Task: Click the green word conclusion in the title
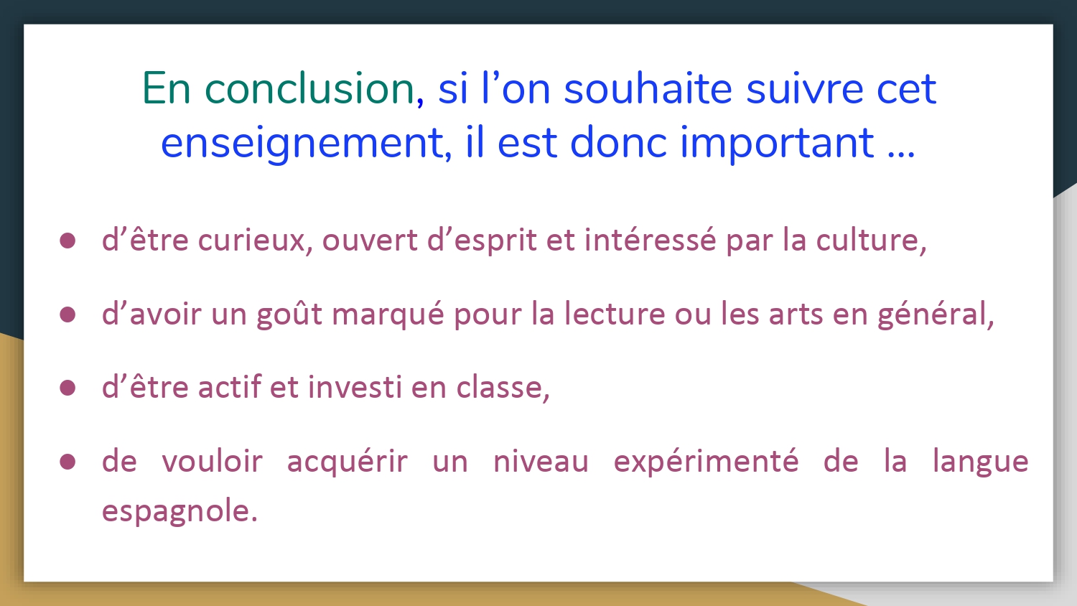[x=310, y=88]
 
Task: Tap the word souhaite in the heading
[x=648, y=88]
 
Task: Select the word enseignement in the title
[x=302, y=142]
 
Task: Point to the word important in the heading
[x=777, y=142]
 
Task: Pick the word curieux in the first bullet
[x=252, y=240]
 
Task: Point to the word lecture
[x=615, y=314]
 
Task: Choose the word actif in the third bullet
[x=229, y=387]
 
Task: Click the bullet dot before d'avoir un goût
[x=67, y=314]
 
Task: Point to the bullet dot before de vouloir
[x=67, y=461]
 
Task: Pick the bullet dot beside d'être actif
[x=67, y=388]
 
